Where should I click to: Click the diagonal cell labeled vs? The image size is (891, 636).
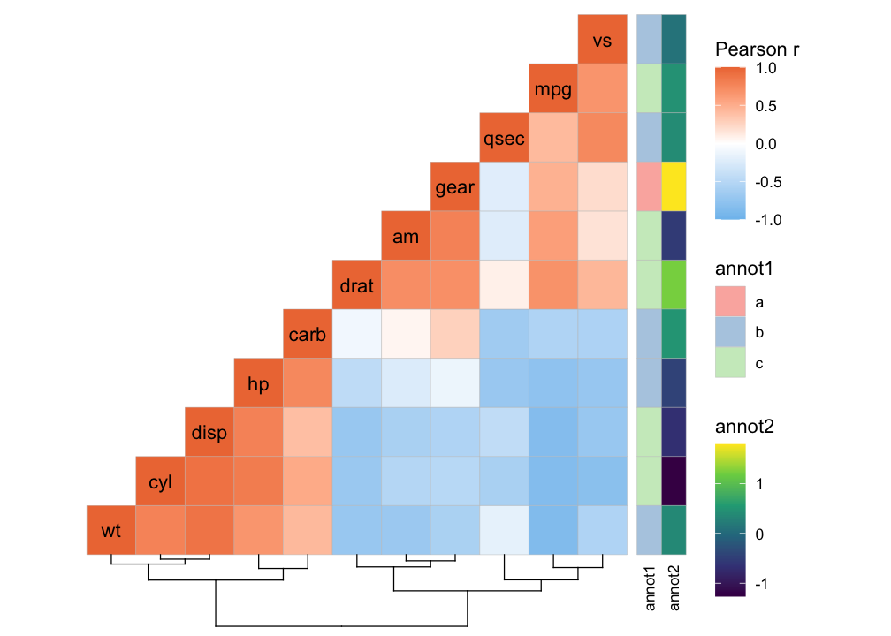click(603, 39)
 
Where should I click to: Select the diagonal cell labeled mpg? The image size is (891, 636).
click(553, 88)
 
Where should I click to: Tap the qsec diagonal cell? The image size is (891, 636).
click(504, 138)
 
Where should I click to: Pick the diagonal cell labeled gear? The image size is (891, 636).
click(455, 186)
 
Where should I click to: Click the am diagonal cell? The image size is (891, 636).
click(406, 236)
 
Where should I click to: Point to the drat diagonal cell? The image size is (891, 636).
click(356, 284)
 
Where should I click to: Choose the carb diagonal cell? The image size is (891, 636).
click(308, 334)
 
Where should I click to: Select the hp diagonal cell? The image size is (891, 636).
click(258, 383)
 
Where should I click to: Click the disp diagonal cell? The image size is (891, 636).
click(209, 432)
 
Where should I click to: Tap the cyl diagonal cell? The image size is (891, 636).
click(160, 481)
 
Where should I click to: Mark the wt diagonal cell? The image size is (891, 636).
click(111, 530)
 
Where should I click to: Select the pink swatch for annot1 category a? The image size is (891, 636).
click(731, 303)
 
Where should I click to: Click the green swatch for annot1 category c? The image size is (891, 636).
click(731, 363)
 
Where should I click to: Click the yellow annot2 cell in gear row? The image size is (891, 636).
click(673, 186)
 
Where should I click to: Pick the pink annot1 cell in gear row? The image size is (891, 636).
click(648, 186)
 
